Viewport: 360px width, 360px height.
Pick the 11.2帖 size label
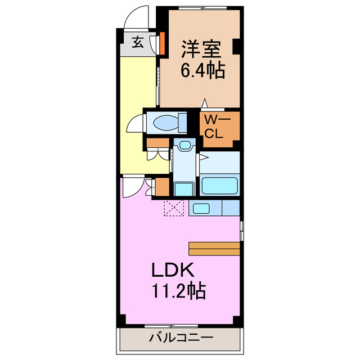pos(178,291)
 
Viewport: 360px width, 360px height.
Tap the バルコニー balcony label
pos(181,339)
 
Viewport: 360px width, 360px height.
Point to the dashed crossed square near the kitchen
pos(173,208)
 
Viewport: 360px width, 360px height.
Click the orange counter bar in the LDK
pos(214,248)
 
